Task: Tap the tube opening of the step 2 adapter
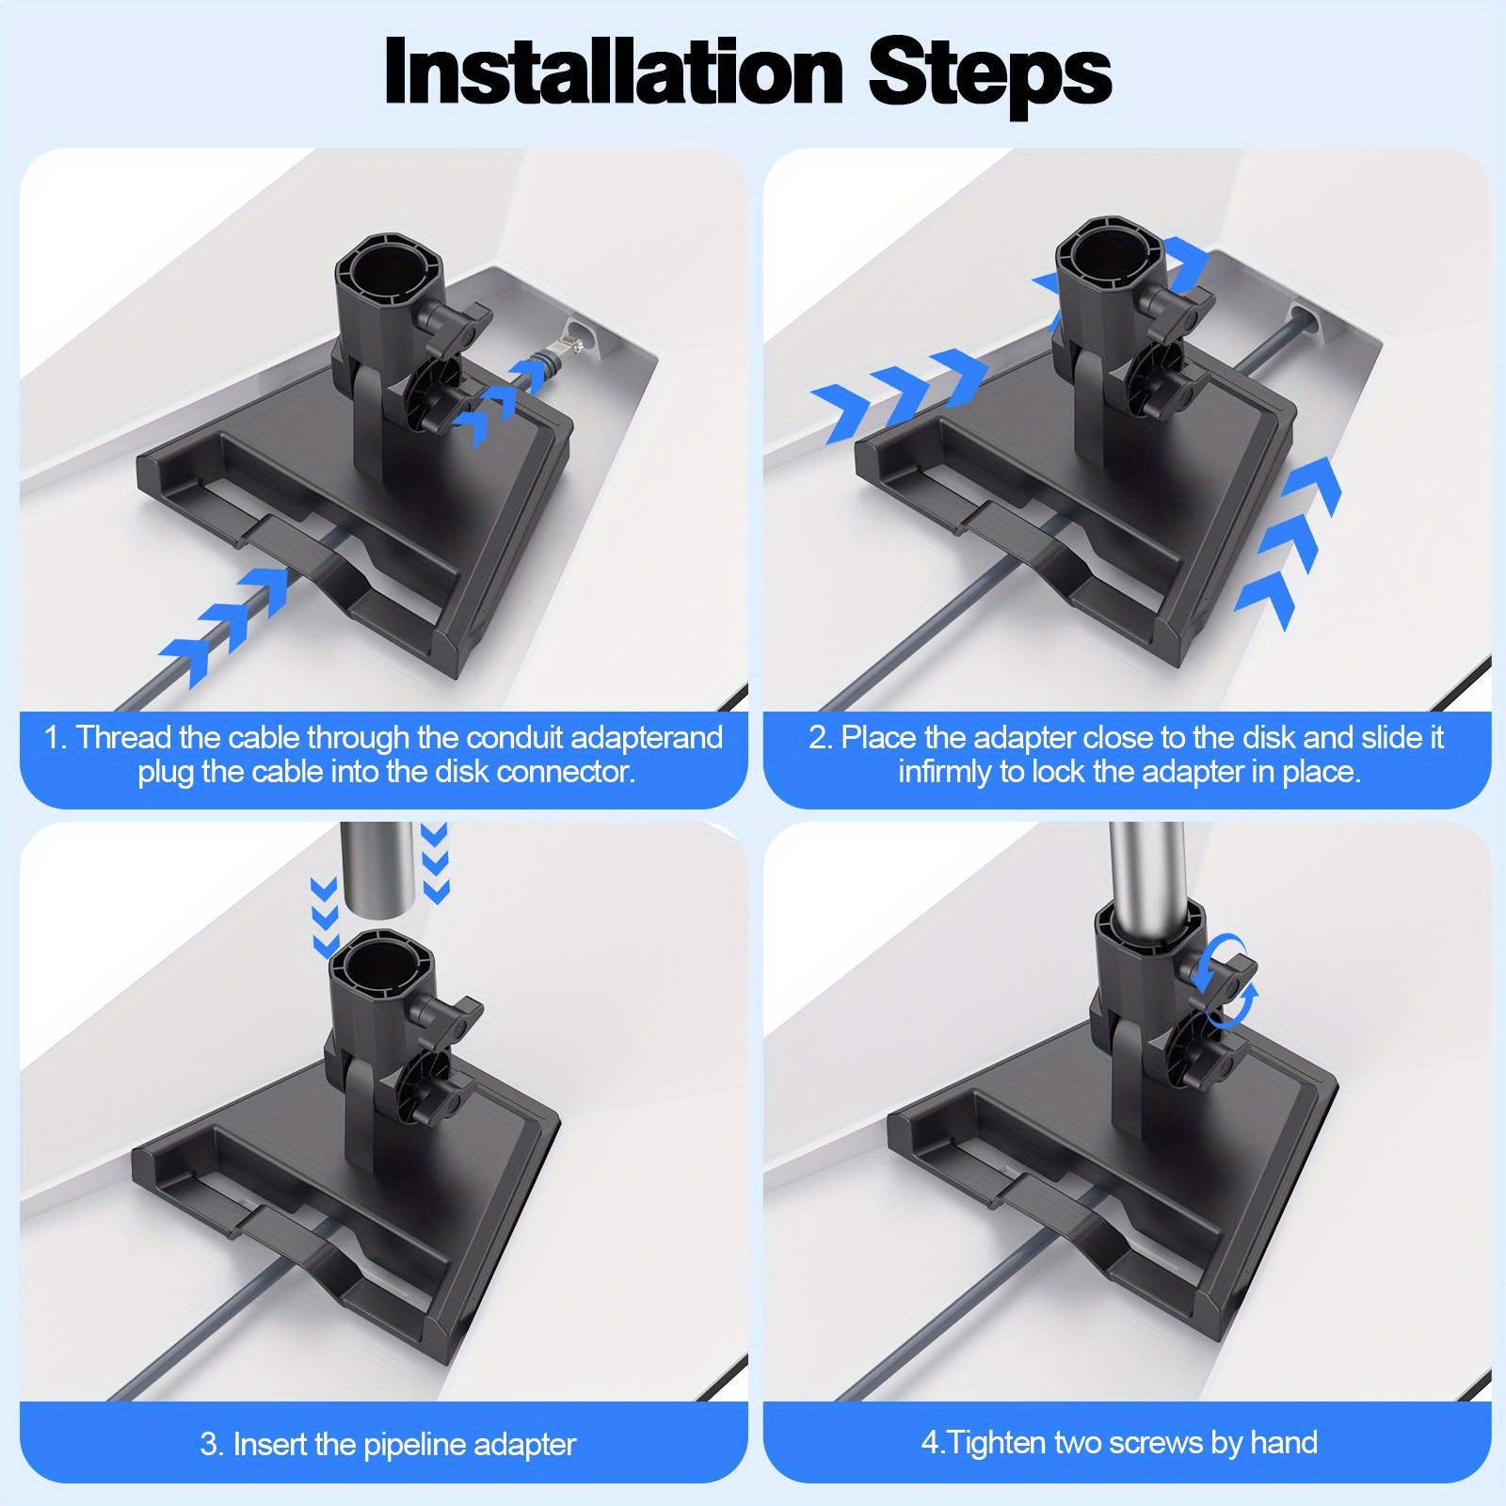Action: click(1111, 250)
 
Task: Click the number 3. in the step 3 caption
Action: click(211, 1445)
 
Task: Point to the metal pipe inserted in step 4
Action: click(1146, 866)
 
